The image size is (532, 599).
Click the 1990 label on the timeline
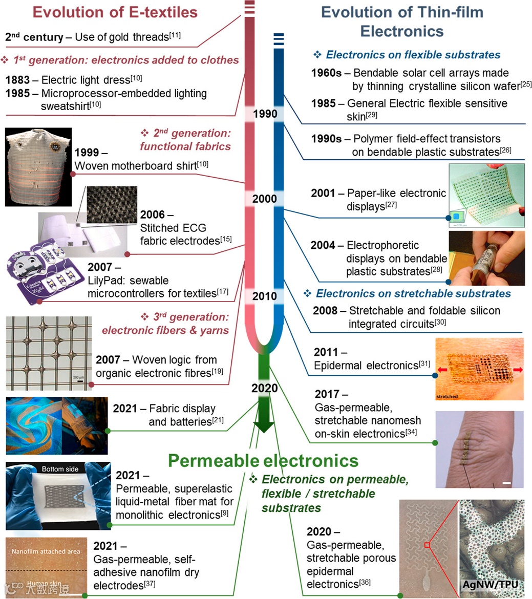pyautogui.click(x=265, y=114)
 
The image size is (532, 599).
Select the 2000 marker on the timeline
pyautogui.click(x=265, y=199)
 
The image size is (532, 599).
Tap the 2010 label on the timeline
pyautogui.click(x=265, y=296)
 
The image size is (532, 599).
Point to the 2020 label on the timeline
pyautogui.click(x=265, y=388)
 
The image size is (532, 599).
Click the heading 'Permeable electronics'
pyautogui.click(x=263, y=460)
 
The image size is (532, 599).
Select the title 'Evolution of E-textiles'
pyautogui.click(x=115, y=12)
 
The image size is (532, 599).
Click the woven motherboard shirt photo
pyautogui.click(x=38, y=167)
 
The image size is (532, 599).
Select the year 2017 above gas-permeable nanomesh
pyautogui.click(x=327, y=394)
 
